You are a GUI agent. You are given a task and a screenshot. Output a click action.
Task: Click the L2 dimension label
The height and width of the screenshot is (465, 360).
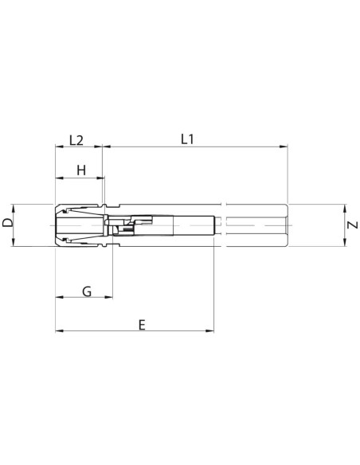pos(76,140)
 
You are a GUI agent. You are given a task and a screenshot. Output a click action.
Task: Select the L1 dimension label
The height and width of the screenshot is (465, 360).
pos(187,139)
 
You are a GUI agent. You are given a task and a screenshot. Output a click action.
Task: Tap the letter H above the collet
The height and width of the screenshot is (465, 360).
pos(81,170)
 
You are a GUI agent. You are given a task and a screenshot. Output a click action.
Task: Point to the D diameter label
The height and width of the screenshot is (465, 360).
pos(7,222)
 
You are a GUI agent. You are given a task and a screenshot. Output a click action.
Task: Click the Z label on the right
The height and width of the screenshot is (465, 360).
pos(353,225)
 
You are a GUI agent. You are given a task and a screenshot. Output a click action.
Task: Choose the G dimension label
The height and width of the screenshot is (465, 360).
pos(87,291)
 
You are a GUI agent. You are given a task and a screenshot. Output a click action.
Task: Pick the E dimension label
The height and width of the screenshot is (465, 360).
pos(142,325)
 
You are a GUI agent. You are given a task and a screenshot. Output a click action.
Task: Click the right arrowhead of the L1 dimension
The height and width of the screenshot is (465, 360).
pos(284,147)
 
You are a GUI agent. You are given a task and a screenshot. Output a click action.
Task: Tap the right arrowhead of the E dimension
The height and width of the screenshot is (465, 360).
pos(209,330)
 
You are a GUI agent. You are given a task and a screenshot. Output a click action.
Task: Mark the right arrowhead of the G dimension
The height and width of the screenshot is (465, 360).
pos(108,297)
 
